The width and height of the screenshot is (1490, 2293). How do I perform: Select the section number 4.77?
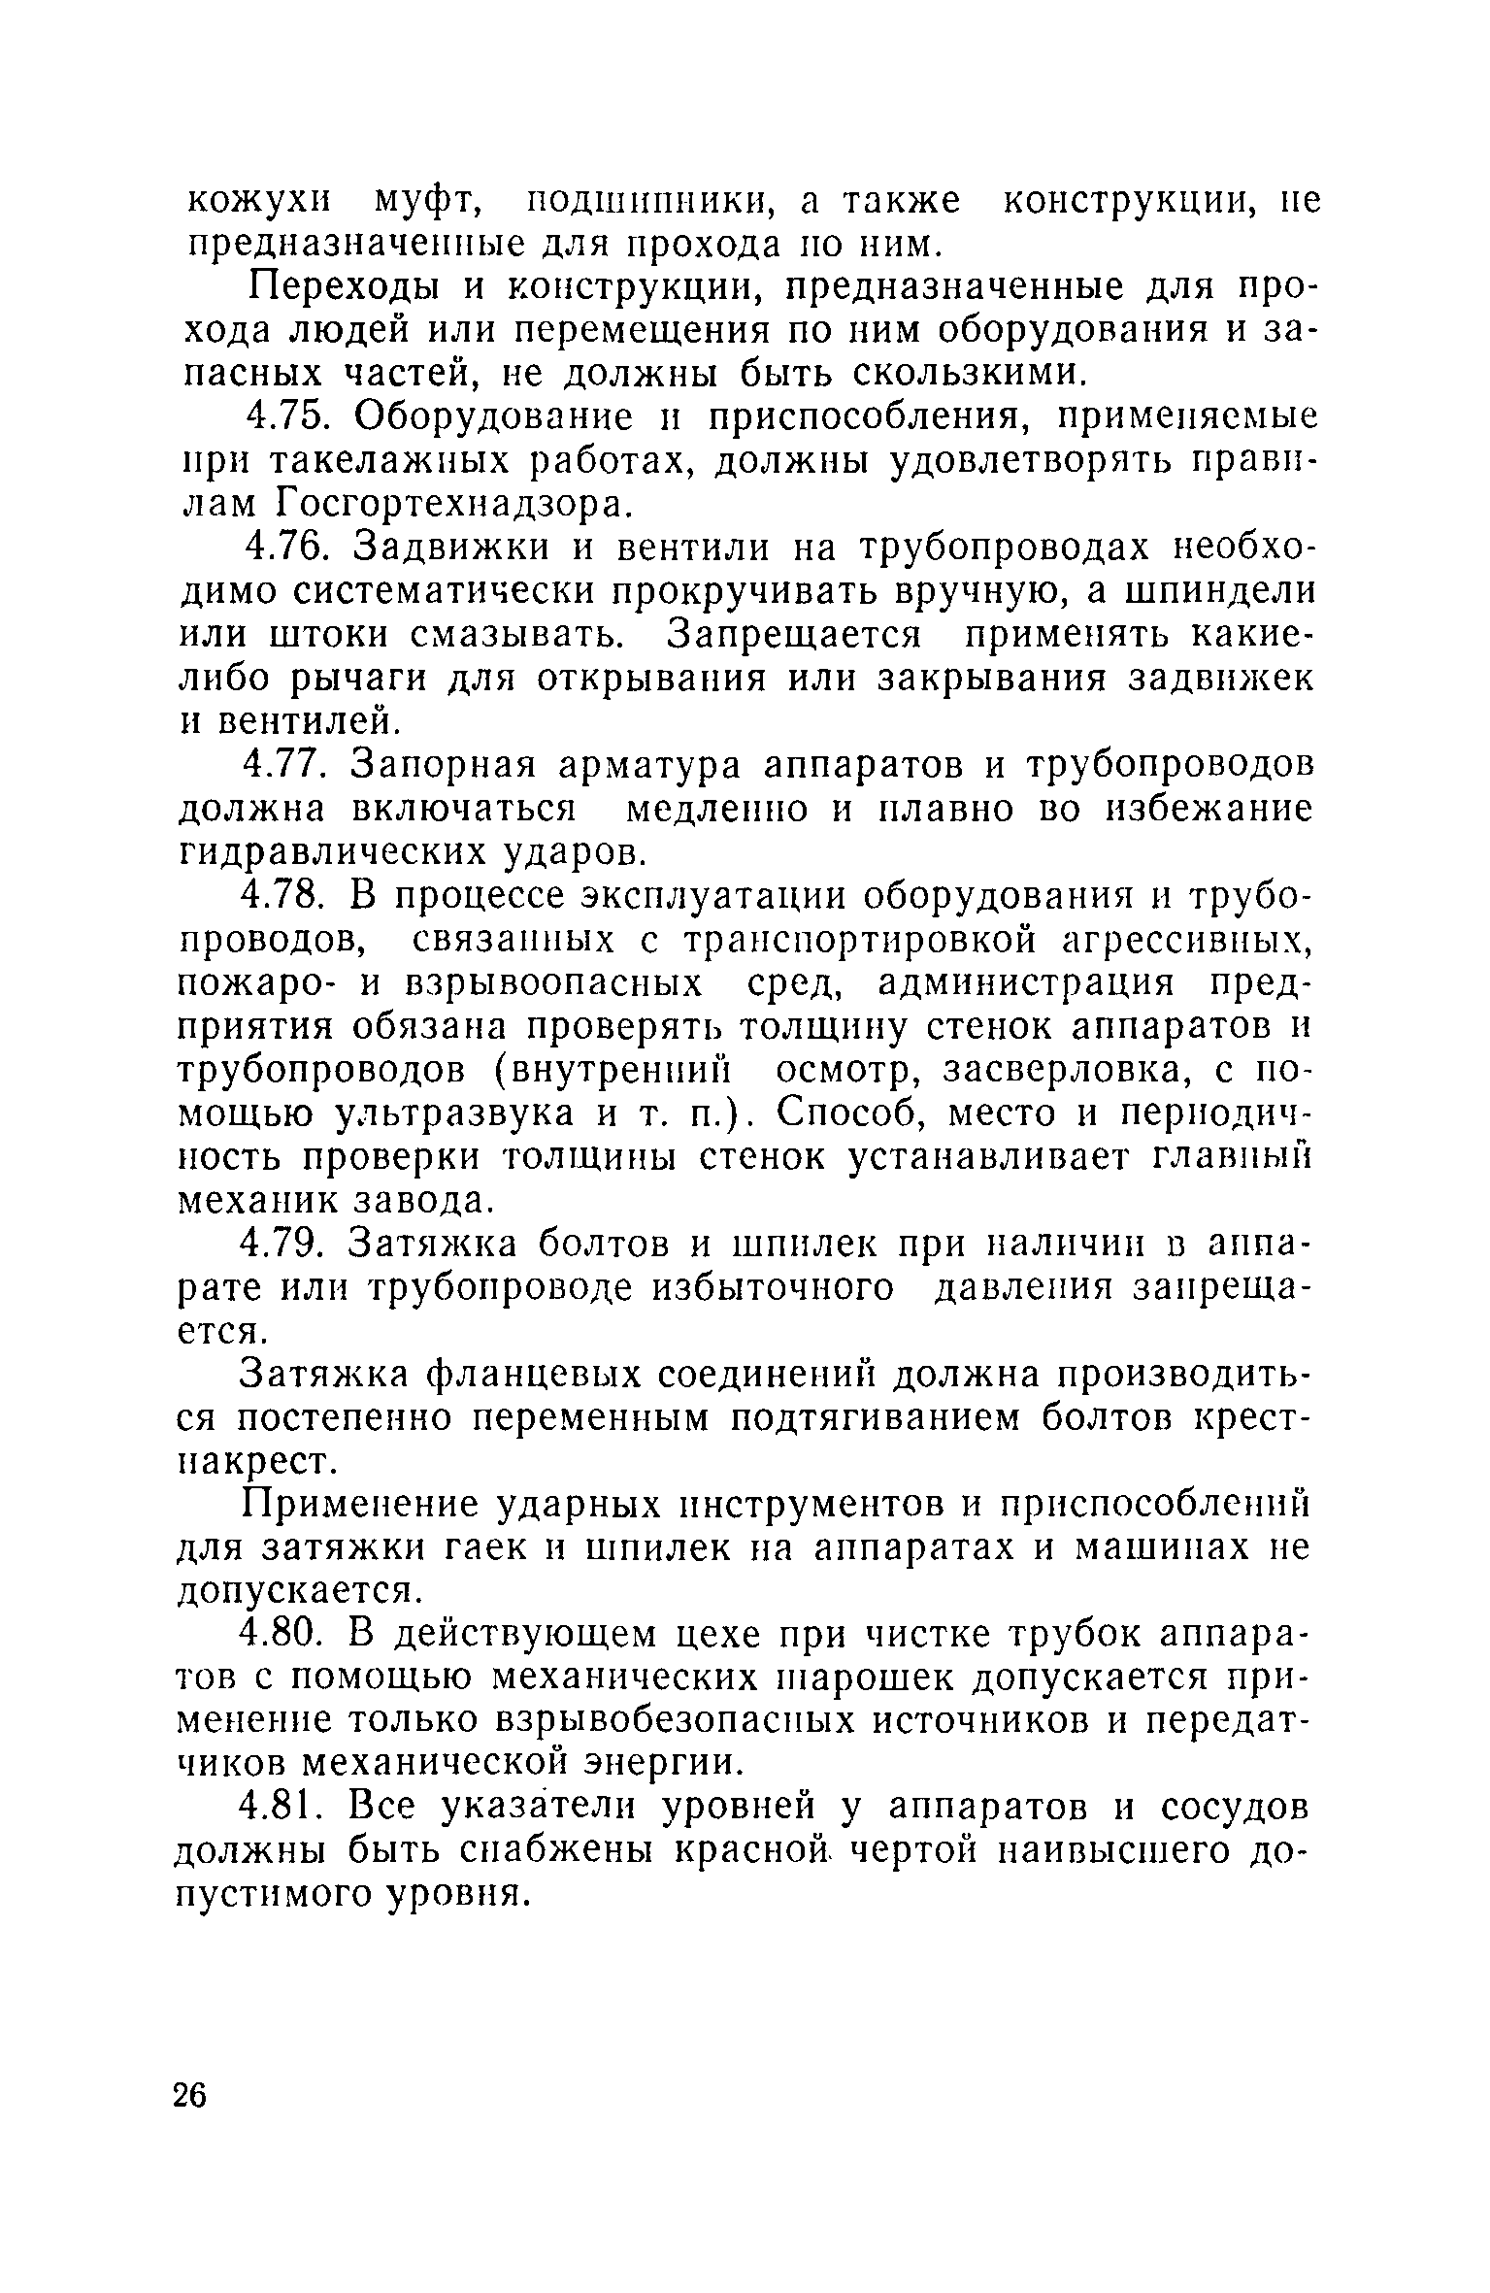tap(287, 766)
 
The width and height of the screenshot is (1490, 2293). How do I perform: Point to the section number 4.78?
tap(287, 896)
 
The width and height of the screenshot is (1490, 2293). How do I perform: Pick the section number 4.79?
tap(287, 1244)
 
